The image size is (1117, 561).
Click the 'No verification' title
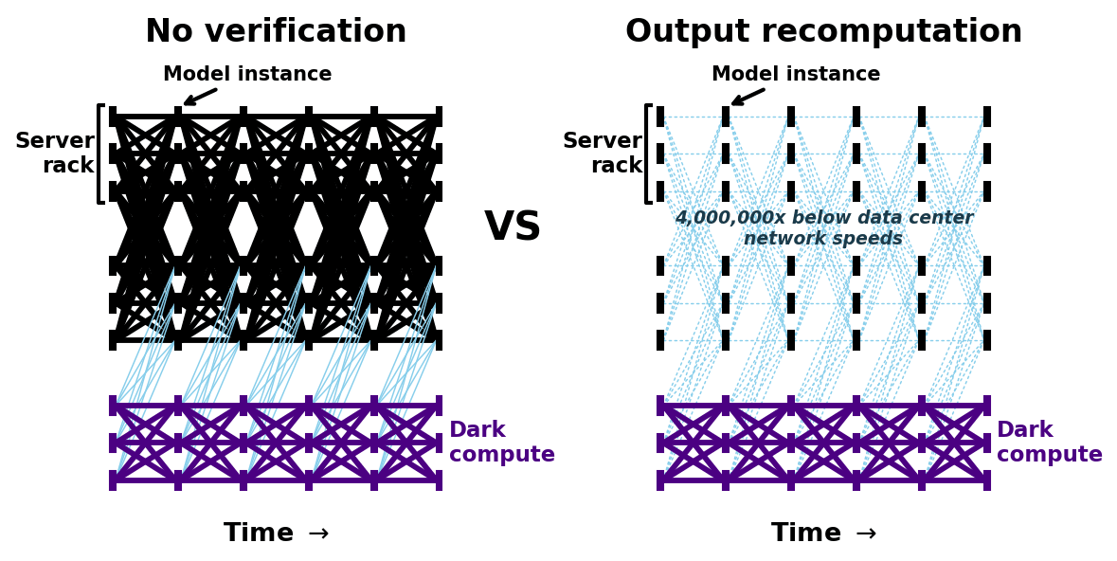click(x=276, y=32)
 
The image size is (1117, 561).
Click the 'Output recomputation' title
click(x=823, y=32)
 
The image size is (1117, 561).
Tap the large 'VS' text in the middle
click(x=513, y=227)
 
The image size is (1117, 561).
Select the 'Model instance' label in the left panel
click(x=247, y=74)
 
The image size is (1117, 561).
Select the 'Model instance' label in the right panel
click(x=796, y=74)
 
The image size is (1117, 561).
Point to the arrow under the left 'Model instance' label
click(x=200, y=97)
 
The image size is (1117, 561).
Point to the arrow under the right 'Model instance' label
click(x=748, y=97)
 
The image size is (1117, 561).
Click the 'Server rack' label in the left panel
click(x=55, y=154)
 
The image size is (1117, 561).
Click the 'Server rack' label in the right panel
click(x=603, y=154)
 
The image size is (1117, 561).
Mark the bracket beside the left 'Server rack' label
click(x=99, y=154)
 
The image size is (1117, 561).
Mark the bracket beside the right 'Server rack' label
click(x=647, y=154)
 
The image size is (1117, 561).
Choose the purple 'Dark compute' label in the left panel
click(x=501, y=443)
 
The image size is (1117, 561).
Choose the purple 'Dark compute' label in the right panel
click(x=1049, y=443)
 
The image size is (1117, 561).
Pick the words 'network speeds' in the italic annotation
click(x=823, y=239)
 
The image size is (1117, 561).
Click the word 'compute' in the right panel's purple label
click(x=1049, y=455)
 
